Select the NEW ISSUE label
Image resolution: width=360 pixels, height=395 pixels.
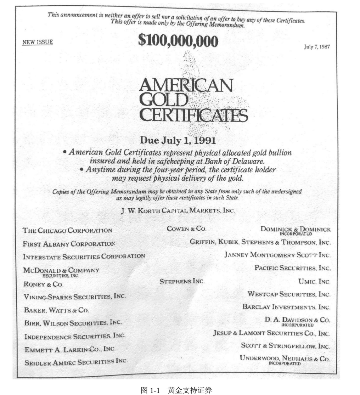(x=38, y=42)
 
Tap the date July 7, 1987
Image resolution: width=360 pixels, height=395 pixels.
(x=317, y=46)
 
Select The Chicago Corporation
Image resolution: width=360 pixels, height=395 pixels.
(x=68, y=230)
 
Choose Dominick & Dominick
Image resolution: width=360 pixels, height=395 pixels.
(x=296, y=230)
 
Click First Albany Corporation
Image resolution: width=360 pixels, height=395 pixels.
(x=69, y=243)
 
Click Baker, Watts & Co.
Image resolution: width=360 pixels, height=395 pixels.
(x=56, y=310)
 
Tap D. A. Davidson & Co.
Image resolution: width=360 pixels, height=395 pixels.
(x=297, y=320)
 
